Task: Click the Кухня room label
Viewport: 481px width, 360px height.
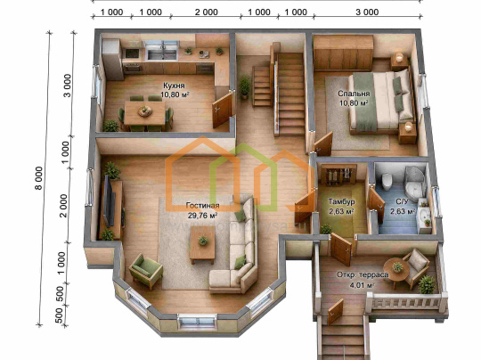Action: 174,85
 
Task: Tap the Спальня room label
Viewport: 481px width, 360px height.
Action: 354,94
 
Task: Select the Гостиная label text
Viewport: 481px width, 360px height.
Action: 202,206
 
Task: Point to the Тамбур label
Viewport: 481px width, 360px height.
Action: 341,201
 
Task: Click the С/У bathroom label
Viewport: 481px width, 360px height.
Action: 402,201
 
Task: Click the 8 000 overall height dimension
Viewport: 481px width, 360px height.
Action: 39,178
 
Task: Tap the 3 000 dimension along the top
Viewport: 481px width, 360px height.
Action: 367,12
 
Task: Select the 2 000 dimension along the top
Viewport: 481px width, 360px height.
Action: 206,12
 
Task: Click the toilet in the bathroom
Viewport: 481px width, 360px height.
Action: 387,179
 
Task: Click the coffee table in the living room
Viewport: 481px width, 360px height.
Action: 202,245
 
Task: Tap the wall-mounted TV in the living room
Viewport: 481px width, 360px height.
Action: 109,201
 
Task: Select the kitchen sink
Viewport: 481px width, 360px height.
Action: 162,51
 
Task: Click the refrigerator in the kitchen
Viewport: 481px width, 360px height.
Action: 112,59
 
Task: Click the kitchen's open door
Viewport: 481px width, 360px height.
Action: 223,110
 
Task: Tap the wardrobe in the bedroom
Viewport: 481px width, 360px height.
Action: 343,53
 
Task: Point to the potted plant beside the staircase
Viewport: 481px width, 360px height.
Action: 244,86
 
